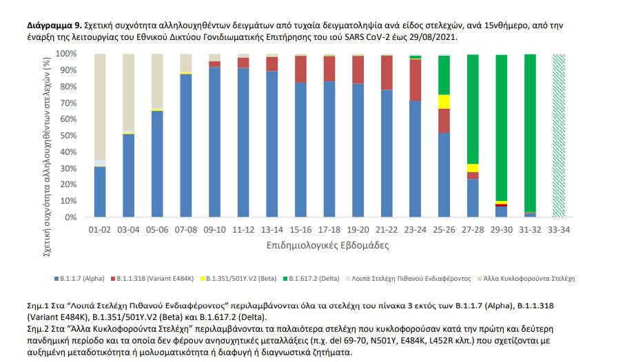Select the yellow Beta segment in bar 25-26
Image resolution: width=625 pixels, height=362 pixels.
click(x=444, y=101)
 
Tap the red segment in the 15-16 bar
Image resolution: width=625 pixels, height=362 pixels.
click(x=300, y=69)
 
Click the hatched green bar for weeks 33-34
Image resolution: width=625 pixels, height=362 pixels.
click(x=558, y=136)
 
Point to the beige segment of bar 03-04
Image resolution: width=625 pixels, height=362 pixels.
click(x=128, y=92)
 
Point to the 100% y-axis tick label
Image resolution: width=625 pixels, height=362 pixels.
click(x=64, y=54)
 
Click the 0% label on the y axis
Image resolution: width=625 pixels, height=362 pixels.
click(x=69, y=217)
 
